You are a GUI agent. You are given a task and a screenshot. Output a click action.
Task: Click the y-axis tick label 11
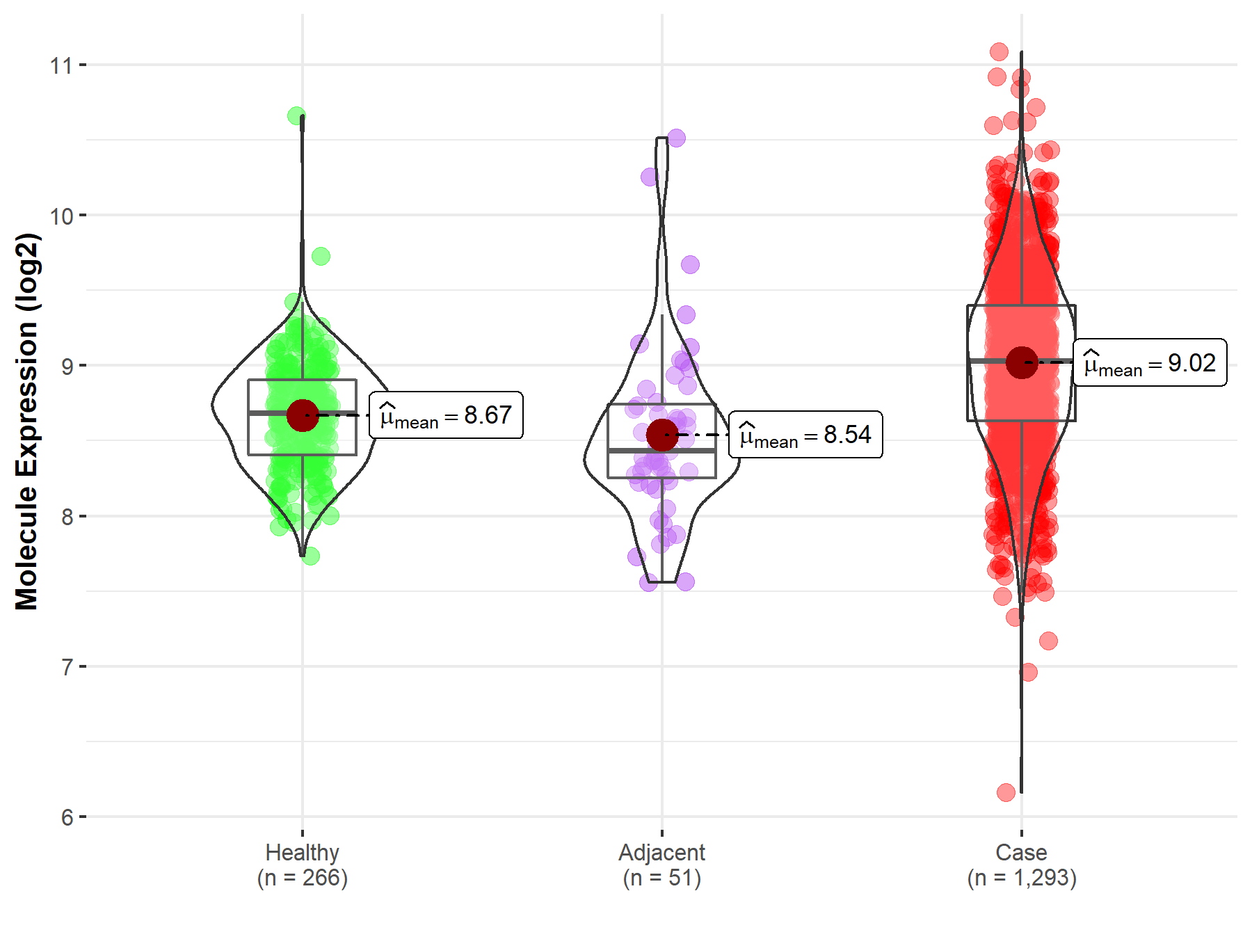(61, 66)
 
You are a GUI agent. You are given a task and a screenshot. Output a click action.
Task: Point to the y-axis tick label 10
(61, 216)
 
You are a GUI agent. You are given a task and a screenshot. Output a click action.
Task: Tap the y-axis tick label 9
(67, 367)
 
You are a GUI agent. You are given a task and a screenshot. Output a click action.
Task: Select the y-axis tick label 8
(67, 517)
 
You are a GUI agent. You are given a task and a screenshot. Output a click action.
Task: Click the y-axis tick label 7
(67, 667)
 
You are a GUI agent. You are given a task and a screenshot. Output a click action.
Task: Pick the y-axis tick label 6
(67, 817)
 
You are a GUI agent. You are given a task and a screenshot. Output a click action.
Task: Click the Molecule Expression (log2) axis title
(26, 421)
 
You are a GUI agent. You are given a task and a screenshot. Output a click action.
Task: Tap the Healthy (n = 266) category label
(302, 865)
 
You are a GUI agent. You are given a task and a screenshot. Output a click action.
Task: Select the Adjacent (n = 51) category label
(661, 865)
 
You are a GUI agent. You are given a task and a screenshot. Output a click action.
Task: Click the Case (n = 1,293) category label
(1021, 865)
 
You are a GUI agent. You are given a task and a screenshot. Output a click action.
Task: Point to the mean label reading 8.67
(446, 415)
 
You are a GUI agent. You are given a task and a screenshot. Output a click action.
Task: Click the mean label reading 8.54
(805, 435)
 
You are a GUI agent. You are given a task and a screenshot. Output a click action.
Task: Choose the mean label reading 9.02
(1150, 362)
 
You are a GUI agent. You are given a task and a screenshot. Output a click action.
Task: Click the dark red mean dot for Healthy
(303, 415)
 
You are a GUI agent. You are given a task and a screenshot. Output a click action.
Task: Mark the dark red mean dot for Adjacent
(662, 435)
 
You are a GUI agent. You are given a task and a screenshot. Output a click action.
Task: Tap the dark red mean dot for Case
(1022, 362)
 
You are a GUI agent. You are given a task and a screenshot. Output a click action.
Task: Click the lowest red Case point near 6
(1006, 792)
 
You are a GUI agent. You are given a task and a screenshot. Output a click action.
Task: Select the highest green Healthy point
(296, 116)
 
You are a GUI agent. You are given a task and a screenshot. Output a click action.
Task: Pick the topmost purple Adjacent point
(676, 138)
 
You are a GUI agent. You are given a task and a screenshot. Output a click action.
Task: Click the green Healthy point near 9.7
(321, 256)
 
